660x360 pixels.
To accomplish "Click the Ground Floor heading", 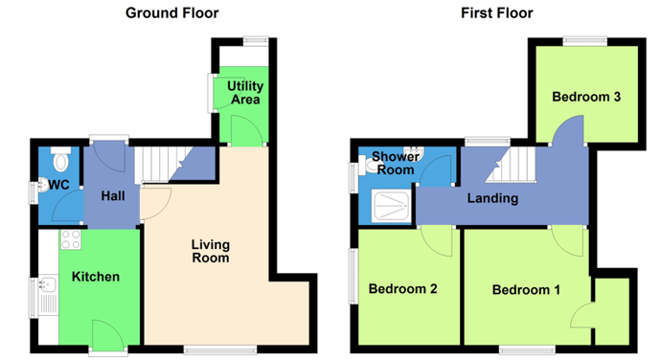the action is click(172, 13).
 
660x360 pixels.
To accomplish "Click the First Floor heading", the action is click(497, 13).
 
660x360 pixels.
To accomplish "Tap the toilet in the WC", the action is click(61, 159).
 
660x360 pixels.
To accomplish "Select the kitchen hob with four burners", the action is click(70, 239).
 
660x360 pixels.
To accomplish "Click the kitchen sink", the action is click(48, 284).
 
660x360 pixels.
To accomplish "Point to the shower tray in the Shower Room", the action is click(391, 206).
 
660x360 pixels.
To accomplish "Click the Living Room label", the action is click(211, 251).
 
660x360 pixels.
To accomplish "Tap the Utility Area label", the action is click(245, 93).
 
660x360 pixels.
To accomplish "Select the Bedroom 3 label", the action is click(586, 97).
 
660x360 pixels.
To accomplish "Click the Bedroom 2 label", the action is click(403, 289).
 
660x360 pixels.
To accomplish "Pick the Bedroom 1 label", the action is click(526, 290).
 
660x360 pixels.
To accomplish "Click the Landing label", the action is click(492, 198).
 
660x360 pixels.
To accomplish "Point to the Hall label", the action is click(113, 195).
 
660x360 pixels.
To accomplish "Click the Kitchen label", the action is click(96, 277).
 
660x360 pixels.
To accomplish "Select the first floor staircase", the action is click(511, 165).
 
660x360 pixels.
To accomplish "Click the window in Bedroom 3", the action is click(585, 41).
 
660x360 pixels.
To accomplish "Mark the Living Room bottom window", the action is click(220, 349).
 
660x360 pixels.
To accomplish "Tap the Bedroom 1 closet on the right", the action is click(613, 311).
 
